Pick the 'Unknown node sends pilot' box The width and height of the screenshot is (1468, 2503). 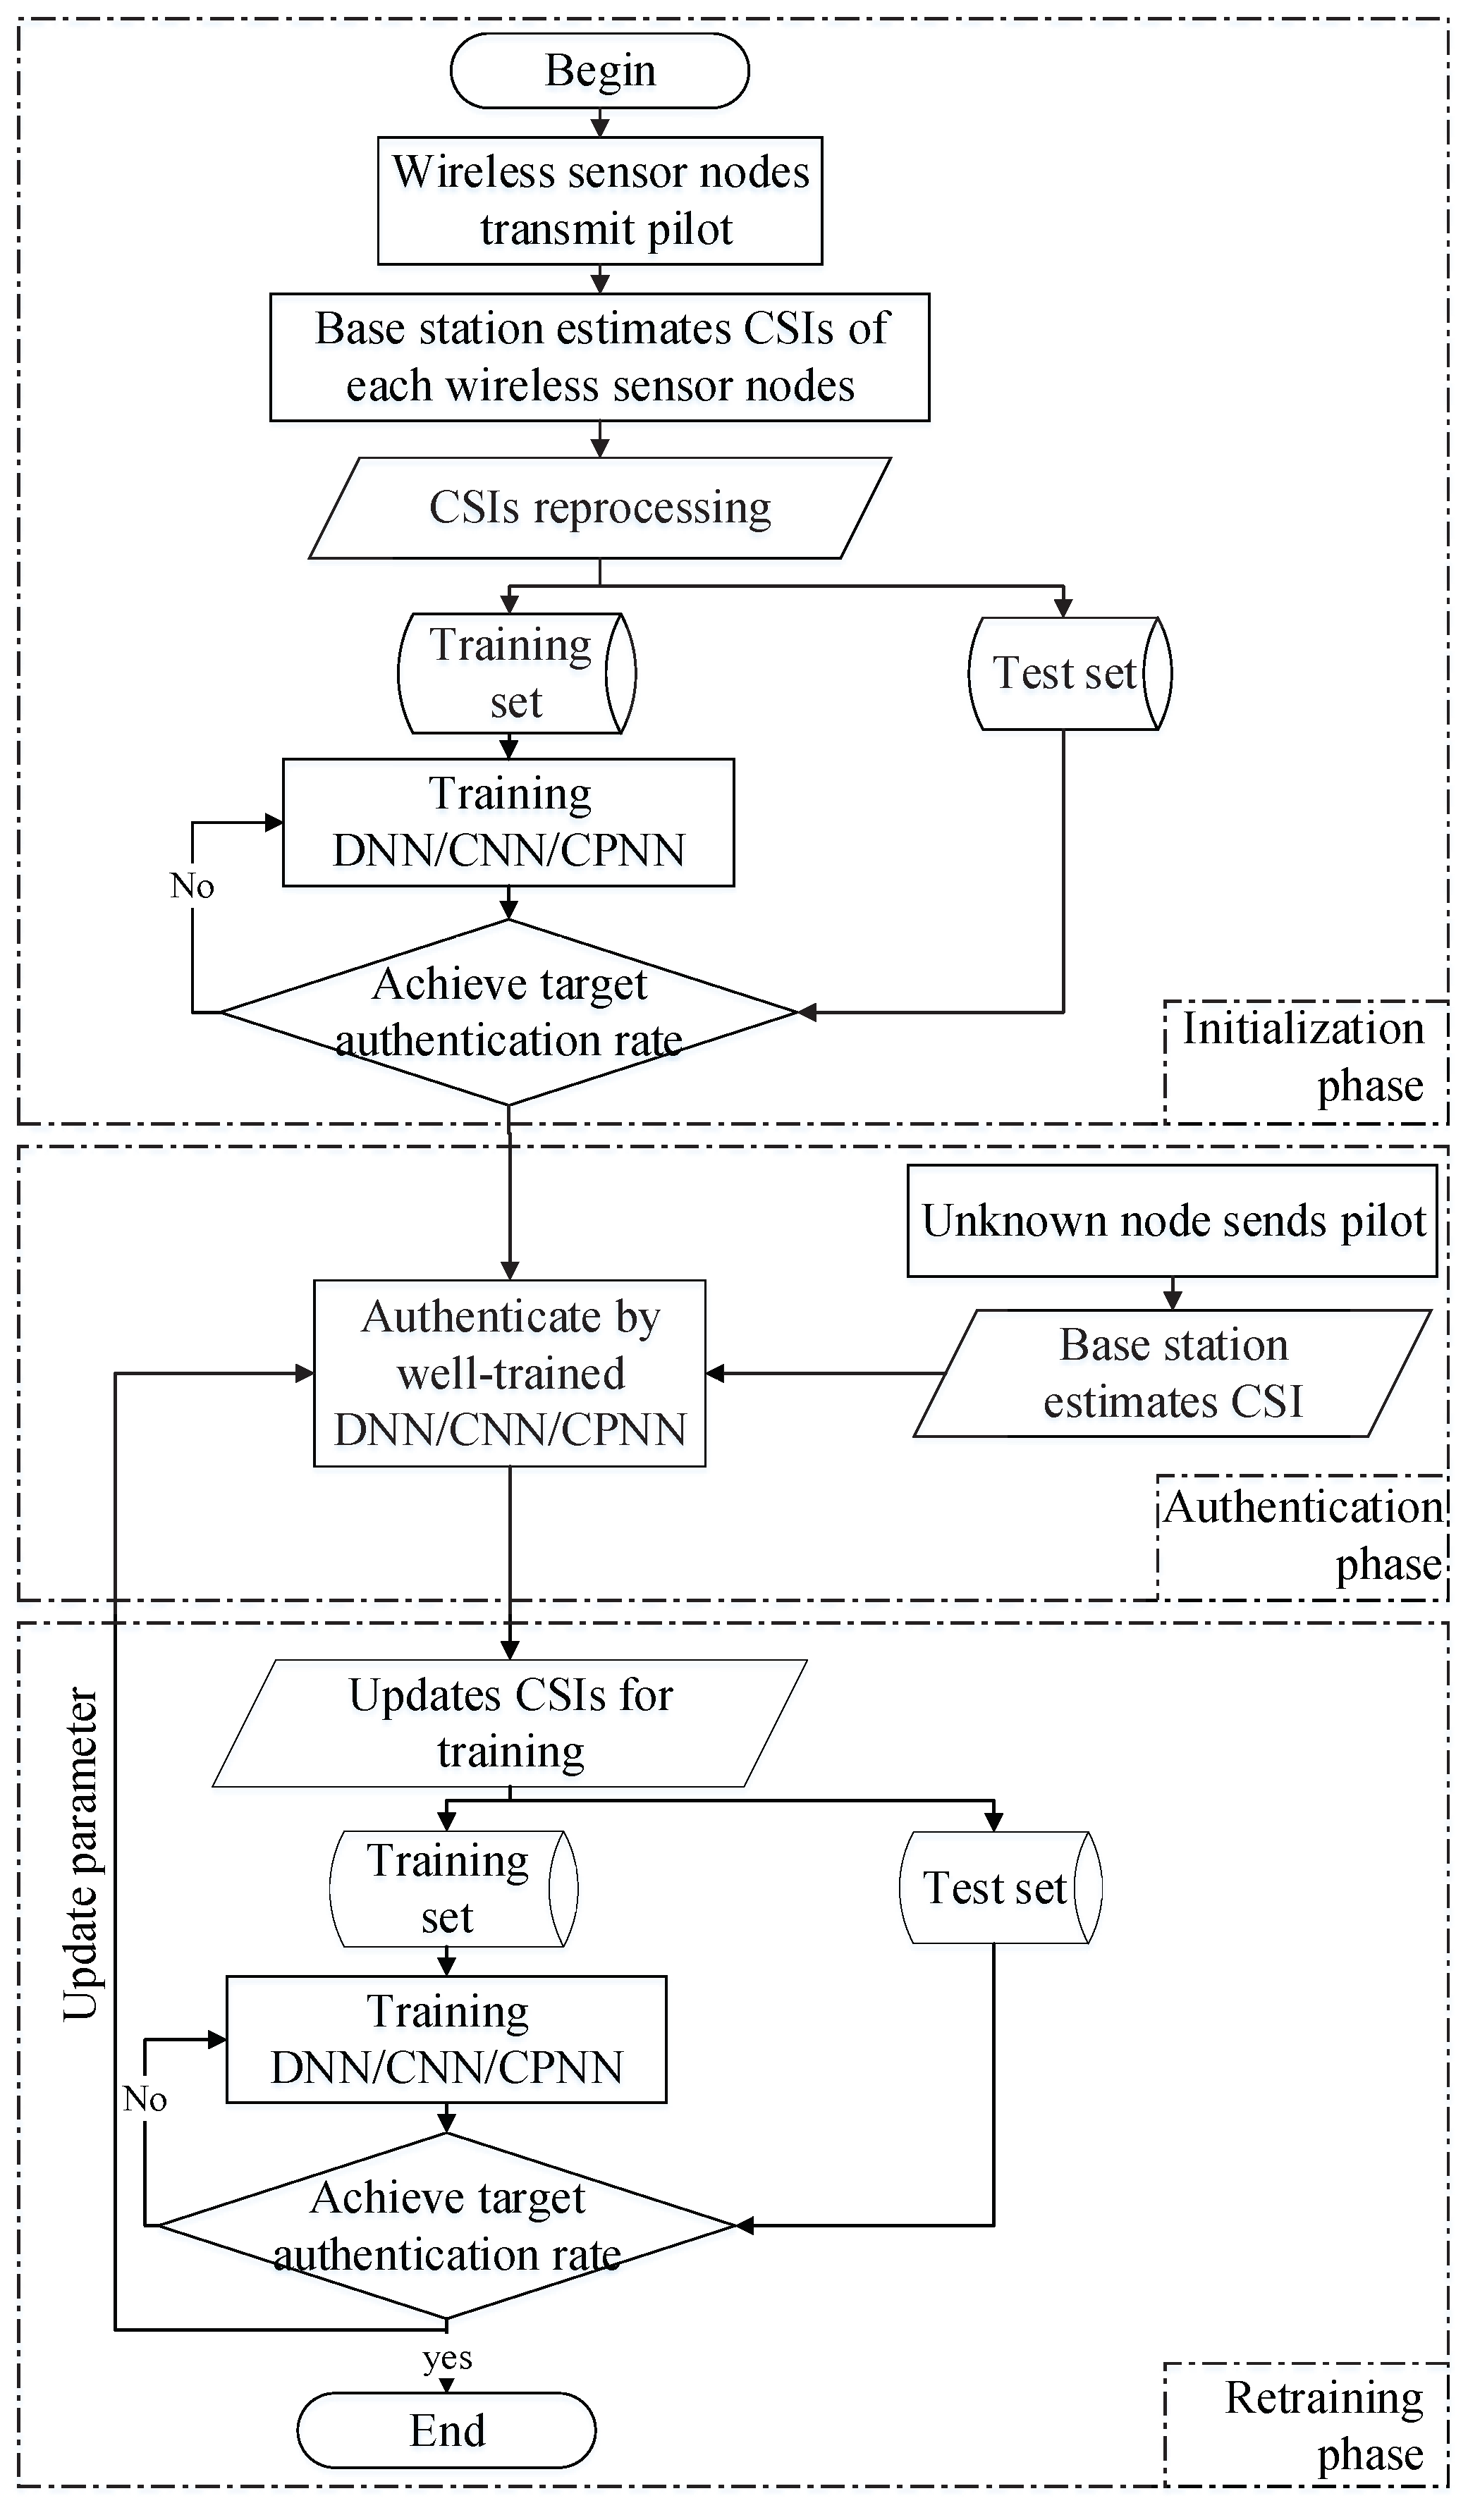[1172, 1221]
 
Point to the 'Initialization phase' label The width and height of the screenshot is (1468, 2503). [1303, 1057]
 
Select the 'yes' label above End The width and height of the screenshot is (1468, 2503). [447, 2357]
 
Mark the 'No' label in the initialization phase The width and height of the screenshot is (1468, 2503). [192, 885]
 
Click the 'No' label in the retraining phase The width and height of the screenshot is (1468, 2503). [145, 2098]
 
